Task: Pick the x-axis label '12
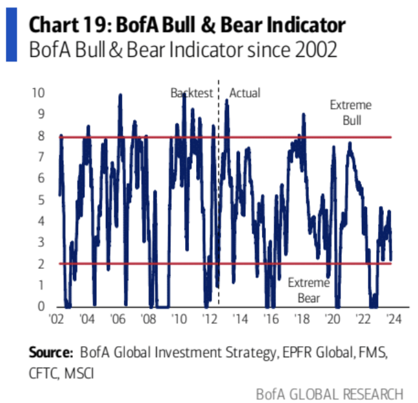pos(210,319)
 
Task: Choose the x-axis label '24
pos(392,319)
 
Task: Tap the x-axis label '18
pos(301,319)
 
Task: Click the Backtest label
pos(192,93)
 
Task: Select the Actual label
pos(245,93)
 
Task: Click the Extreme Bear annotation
pos(308,291)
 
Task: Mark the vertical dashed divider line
pos(219,194)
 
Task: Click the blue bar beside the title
pos(12,36)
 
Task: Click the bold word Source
pos(50,353)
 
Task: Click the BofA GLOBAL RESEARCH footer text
pos(330,393)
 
